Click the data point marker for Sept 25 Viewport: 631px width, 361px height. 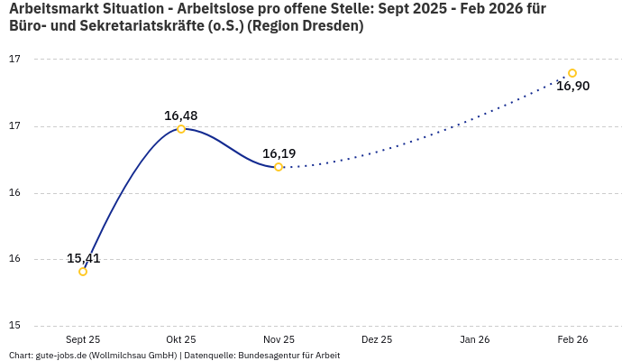83,272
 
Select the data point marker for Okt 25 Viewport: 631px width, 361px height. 181,129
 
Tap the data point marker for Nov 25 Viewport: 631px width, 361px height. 279,167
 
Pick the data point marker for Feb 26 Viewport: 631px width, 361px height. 572,73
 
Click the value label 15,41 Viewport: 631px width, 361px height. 84,258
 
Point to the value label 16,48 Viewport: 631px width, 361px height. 181,116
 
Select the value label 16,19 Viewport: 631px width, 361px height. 279,153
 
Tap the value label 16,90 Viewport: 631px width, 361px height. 573,87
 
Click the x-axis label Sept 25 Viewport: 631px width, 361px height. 83,339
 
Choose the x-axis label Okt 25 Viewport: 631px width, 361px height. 181,339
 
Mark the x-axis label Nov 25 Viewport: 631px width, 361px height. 279,339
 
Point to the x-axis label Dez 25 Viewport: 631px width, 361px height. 377,339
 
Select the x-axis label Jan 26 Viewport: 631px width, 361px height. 475,339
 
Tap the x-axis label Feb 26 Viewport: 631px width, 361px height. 572,339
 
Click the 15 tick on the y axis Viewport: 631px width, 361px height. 15,326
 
